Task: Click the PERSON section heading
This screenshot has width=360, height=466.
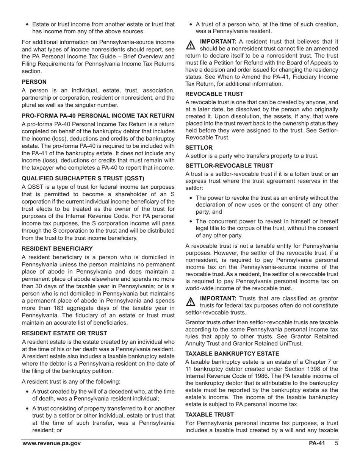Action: point(34,82)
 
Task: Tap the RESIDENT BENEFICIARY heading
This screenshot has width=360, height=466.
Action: point(57,249)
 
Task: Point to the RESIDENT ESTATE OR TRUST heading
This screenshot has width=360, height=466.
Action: point(64,333)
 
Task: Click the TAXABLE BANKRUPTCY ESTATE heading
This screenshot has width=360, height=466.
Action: point(232,353)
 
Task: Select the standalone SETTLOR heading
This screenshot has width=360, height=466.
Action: point(199,147)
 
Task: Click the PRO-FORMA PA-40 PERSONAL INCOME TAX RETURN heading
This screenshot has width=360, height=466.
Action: point(98,116)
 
